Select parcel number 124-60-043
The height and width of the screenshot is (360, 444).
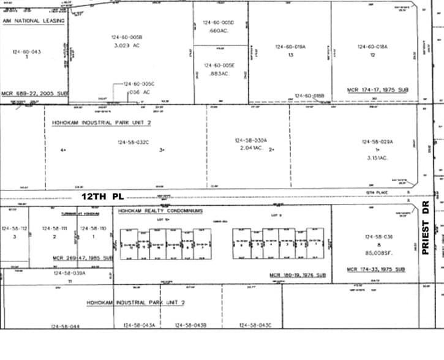(26, 52)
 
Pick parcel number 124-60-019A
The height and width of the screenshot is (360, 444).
(291, 47)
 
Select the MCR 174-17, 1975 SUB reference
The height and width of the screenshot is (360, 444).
(377, 89)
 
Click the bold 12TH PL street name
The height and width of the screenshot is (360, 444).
(103, 196)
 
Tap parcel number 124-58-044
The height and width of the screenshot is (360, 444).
(66, 342)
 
